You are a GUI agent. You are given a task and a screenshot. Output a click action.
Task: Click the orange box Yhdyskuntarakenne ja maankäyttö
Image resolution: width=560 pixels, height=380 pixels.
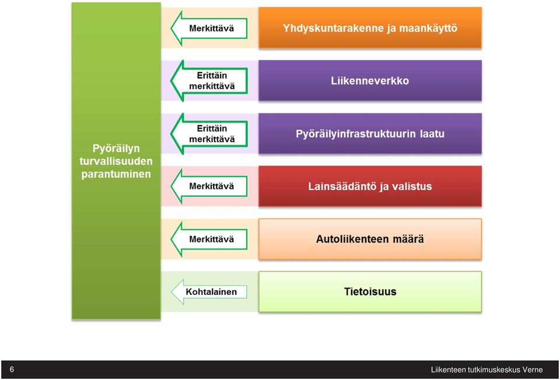tap(370, 27)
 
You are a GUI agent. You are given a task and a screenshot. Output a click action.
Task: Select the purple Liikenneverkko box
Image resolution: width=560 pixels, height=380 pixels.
tap(370, 80)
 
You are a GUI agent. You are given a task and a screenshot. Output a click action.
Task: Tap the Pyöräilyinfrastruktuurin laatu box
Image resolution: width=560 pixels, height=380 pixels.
tap(370, 133)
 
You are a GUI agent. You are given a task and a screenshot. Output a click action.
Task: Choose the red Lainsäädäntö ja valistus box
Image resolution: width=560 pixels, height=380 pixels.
tap(370, 187)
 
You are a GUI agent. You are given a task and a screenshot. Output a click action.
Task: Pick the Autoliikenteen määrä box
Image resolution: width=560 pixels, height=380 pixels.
tap(370, 239)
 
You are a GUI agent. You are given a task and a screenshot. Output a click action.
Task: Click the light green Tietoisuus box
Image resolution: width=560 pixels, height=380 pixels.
tap(370, 292)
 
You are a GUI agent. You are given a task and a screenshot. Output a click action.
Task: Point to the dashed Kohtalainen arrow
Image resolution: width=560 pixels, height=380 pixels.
tap(209, 292)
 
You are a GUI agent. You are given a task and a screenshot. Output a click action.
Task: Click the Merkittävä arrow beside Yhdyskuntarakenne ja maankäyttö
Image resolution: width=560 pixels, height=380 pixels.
tap(209, 28)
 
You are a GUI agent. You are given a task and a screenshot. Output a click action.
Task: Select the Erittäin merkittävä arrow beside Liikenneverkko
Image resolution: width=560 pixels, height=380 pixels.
tap(209, 80)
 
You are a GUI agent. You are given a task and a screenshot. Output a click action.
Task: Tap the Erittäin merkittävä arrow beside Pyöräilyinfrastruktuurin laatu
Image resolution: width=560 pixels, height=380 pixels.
tap(209, 134)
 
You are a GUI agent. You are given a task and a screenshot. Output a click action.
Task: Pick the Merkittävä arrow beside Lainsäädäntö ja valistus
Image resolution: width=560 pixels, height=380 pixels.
tap(209, 187)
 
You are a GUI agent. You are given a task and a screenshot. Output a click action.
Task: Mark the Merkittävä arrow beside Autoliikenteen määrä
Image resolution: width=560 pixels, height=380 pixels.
tap(209, 239)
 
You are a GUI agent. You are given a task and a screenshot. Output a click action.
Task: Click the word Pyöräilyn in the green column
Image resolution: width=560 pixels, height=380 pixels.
tap(116, 149)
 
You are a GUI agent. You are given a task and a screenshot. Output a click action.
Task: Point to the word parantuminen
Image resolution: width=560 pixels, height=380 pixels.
tap(116, 174)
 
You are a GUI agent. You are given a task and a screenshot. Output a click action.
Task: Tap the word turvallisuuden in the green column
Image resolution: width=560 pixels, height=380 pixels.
tap(116, 161)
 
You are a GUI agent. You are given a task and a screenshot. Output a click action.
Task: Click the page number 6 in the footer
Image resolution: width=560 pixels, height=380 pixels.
tap(12, 370)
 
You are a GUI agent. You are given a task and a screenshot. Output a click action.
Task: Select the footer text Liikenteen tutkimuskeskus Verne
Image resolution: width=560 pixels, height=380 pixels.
tap(487, 370)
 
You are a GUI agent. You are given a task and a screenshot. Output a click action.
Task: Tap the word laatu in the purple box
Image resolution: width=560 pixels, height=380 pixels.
tap(432, 134)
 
